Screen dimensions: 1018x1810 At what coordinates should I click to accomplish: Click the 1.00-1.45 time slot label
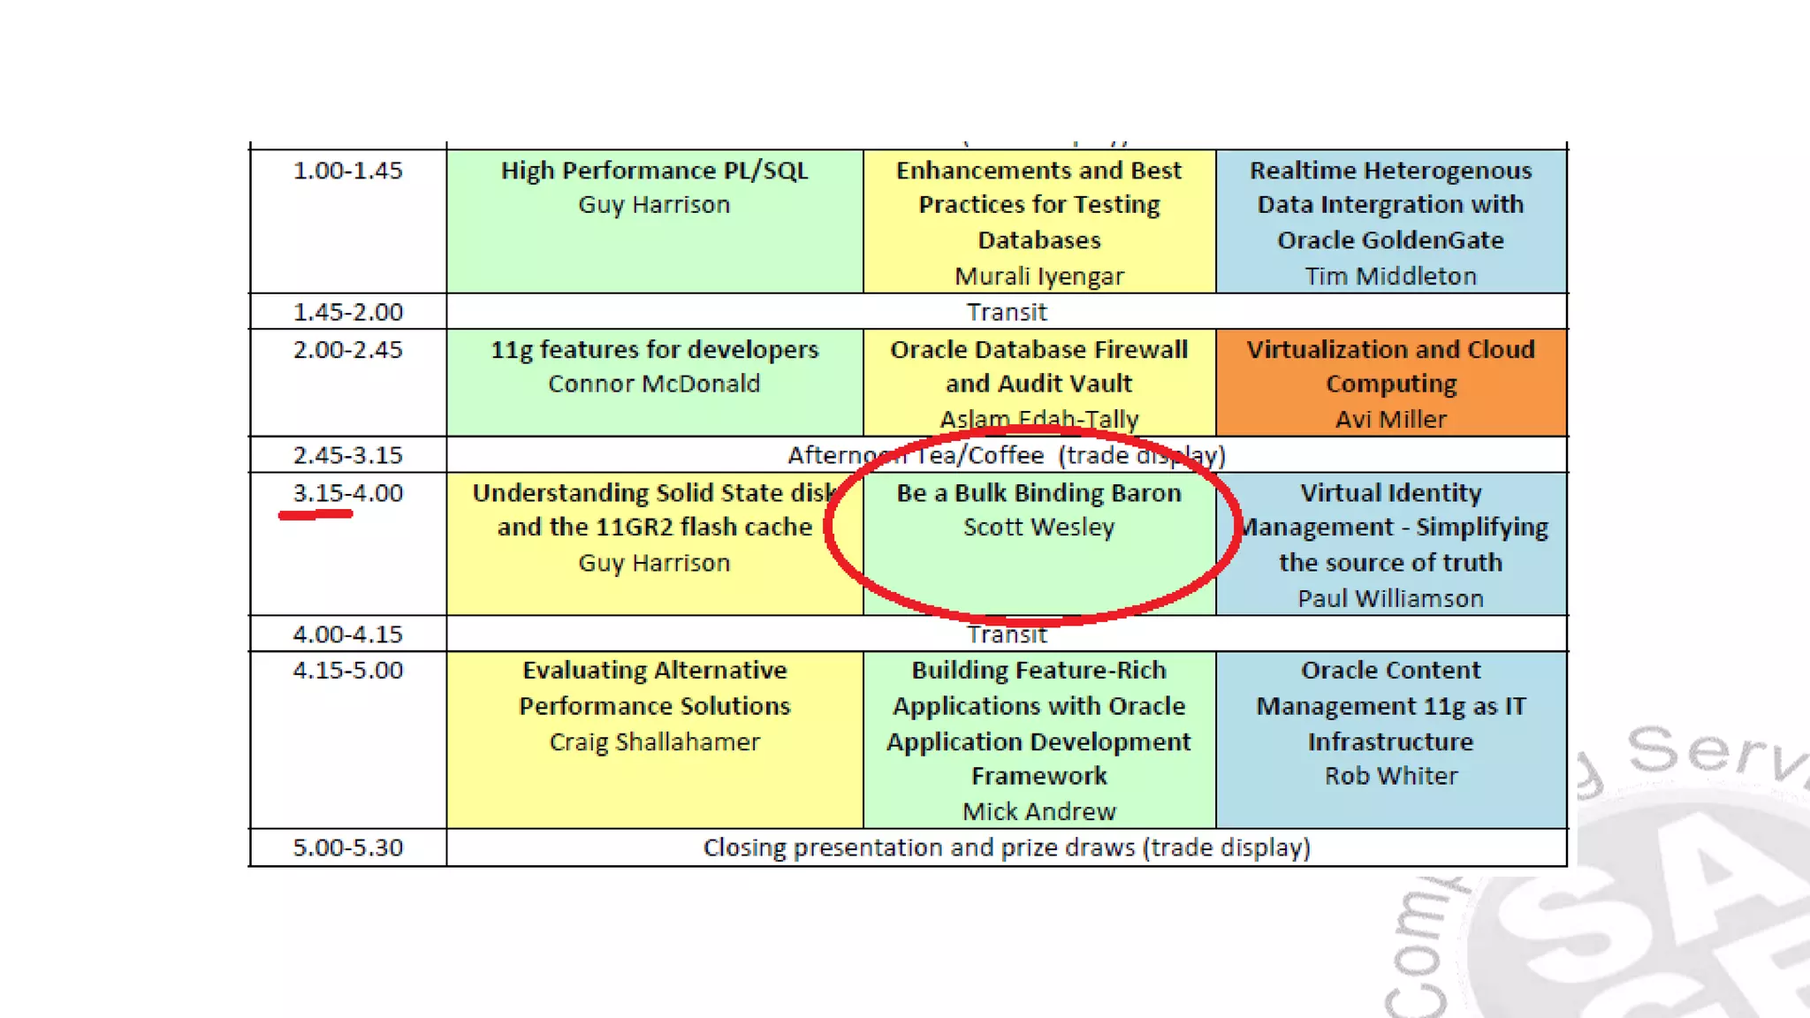(347, 171)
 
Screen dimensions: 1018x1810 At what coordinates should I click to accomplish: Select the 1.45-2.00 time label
(347, 312)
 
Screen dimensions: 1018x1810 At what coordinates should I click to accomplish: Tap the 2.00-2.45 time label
(347, 350)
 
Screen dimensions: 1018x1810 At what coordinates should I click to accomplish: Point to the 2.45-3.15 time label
(347, 455)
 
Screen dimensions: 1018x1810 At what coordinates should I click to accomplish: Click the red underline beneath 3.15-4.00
(316, 514)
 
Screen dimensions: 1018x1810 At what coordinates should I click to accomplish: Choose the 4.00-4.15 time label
(347, 634)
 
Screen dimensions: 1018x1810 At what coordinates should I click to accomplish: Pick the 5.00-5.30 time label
(347, 847)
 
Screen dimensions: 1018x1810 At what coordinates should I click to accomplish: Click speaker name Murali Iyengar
(1039, 277)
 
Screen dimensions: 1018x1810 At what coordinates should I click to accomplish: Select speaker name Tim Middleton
(1390, 277)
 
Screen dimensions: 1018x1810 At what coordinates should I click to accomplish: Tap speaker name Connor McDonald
(654, 384)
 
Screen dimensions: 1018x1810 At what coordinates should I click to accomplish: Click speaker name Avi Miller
(1390, 419)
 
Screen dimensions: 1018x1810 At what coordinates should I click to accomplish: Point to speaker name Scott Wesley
(1039, 528)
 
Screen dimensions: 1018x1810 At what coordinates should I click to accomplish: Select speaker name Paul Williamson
(1390, 598)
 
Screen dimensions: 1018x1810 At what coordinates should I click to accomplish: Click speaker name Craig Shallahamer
(654, 741)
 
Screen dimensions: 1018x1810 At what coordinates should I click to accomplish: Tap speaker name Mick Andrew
(1039, 811)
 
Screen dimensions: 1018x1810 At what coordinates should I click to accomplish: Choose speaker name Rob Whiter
(1390, 776)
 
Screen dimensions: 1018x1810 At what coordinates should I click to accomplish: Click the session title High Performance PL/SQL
(654, 171)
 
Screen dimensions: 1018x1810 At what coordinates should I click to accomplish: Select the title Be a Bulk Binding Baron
(1039, 493)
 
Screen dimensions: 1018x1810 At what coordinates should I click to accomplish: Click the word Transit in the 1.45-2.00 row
(1007, 312)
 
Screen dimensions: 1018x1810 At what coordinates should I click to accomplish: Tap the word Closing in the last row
(744, 847)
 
